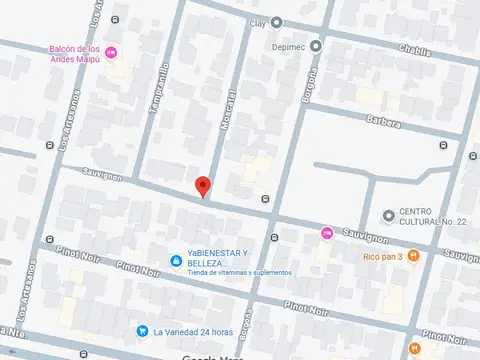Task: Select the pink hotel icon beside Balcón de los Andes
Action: tap(111, 52)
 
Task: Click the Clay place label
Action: tap(257, 22)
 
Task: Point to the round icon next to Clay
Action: tap(276, 22)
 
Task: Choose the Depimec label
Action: tap(288, 45)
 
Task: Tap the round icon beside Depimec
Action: tap(315, 45)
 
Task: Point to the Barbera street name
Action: tap(383, 123)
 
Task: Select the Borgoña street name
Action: tap(312, 86)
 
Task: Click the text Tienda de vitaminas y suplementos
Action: tap(236, 272)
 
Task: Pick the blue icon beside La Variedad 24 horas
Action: tap(143, 331)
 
